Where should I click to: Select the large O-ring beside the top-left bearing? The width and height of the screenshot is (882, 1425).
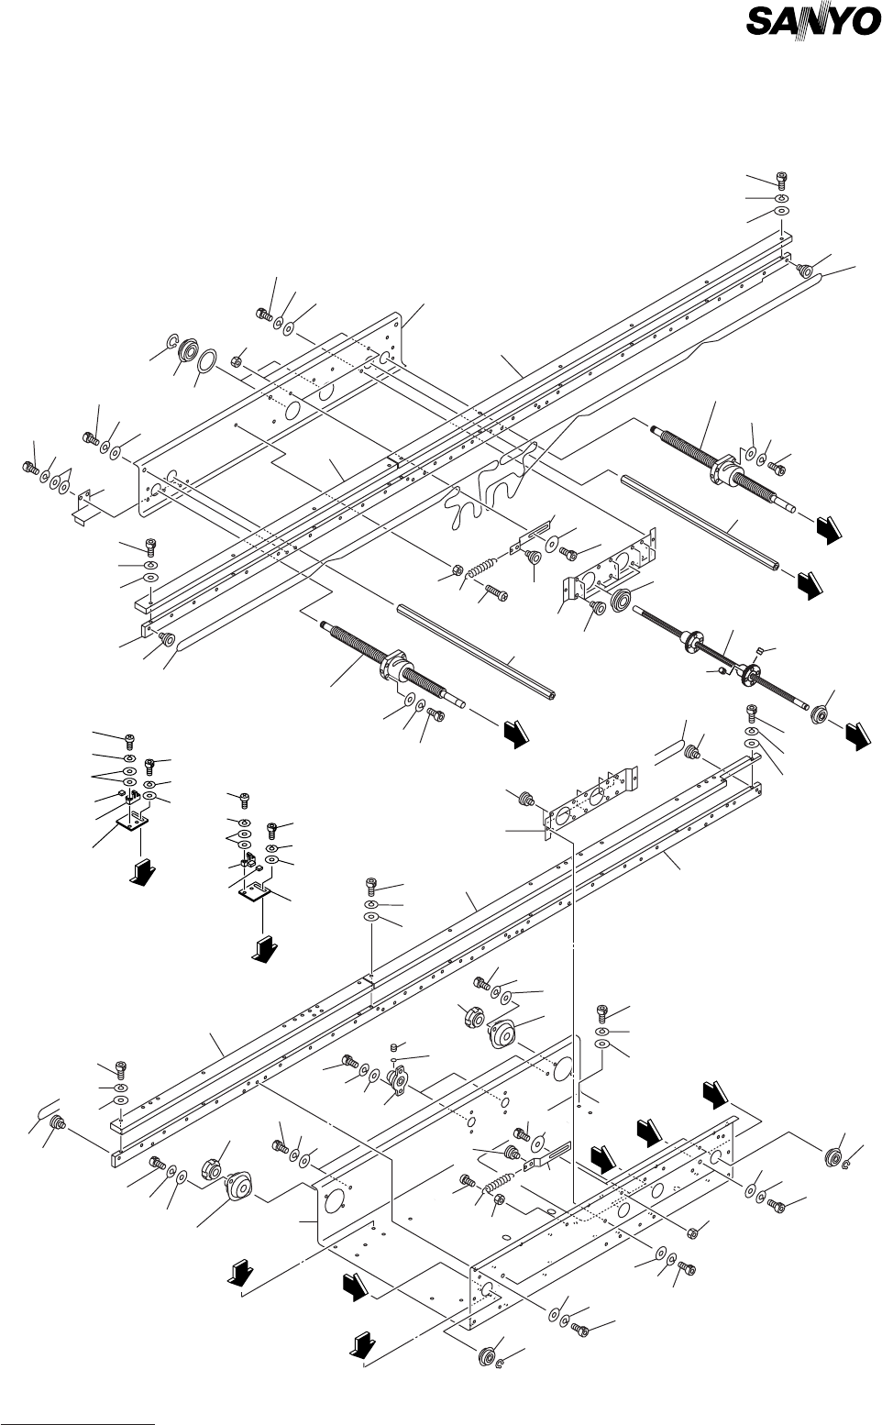tap(208, 360)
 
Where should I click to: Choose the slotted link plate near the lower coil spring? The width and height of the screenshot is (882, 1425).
tap(549, 1158)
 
